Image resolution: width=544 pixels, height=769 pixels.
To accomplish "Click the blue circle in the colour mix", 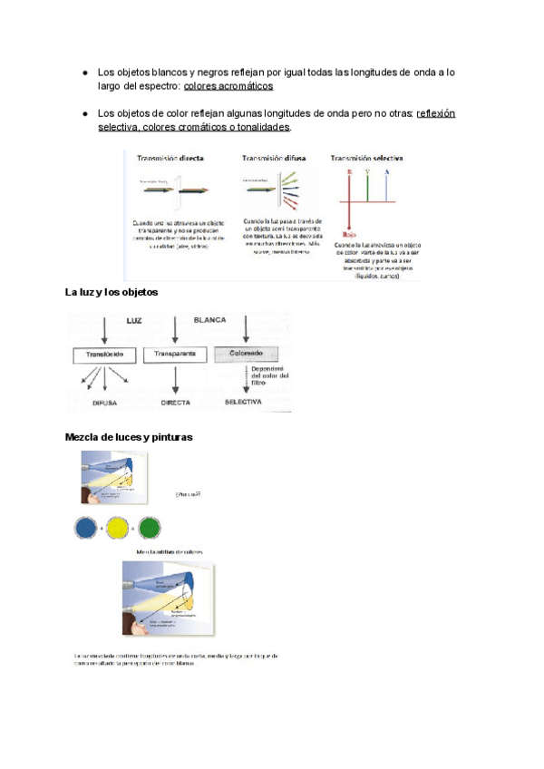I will pyautogui.click(x=86, y=528).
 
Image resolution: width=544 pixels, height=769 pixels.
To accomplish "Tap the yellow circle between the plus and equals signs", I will pyautogui.click(x=117, y=528).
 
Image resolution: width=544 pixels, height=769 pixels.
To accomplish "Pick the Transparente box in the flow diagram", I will pyautogui.click(x=176, y=355).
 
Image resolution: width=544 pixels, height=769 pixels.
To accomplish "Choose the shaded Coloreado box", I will pyautogui.click(x=244, y=355).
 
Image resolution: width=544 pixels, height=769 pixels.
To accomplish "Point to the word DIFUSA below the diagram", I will pyautogui.click(x=107, y=400).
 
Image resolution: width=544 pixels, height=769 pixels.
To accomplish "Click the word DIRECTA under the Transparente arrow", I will pyautogui.click(x=176, y=400).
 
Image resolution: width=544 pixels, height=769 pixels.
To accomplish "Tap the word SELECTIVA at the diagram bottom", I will pyautogui.click(x=243, y=400).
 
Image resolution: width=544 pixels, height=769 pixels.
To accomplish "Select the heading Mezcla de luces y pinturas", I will pyautogui.click(x=129, y=437).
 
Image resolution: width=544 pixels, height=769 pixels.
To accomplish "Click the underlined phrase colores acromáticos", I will pyautogui.click(x=228, y=86).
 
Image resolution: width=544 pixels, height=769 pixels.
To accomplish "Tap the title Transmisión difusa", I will pyautogui.click(x=273, y=157).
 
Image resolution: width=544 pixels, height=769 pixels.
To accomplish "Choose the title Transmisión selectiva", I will pyautogui.click(x=367, y=157).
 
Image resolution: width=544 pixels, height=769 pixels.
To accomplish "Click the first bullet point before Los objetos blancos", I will pyautogui.click(x=83, y=71).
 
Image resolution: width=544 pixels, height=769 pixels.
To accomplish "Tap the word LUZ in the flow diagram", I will pyautogui.click(x=133, y=320).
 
